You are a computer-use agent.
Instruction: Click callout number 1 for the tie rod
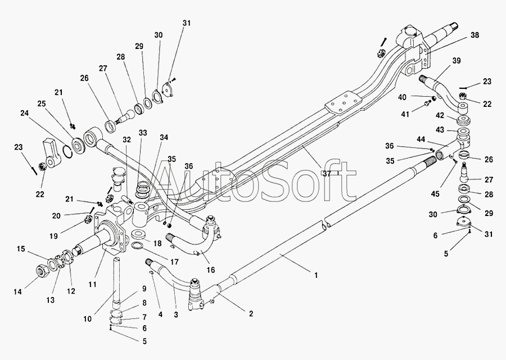tap(316, 276)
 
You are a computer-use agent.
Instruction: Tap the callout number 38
tap(475, 35)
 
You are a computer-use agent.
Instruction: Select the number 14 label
tap(18, 291)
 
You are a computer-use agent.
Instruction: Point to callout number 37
tap(327, 174)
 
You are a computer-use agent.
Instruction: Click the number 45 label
tap(435, 193)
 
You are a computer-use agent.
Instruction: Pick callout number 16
tap(210, 269)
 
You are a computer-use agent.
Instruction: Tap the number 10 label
tap(88, 319)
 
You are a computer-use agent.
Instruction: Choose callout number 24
tap(25, 113)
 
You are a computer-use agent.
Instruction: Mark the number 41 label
tap(405, 114)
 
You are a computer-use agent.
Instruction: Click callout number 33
tap(143, 133)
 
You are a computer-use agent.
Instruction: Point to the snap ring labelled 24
tap(69, 151)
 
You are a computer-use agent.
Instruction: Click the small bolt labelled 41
tap(427, 103)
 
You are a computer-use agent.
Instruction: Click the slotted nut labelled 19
tap(88, 220)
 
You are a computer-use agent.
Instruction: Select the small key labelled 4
tap(152, 273)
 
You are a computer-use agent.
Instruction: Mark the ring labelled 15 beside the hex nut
tap(52, 263)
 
